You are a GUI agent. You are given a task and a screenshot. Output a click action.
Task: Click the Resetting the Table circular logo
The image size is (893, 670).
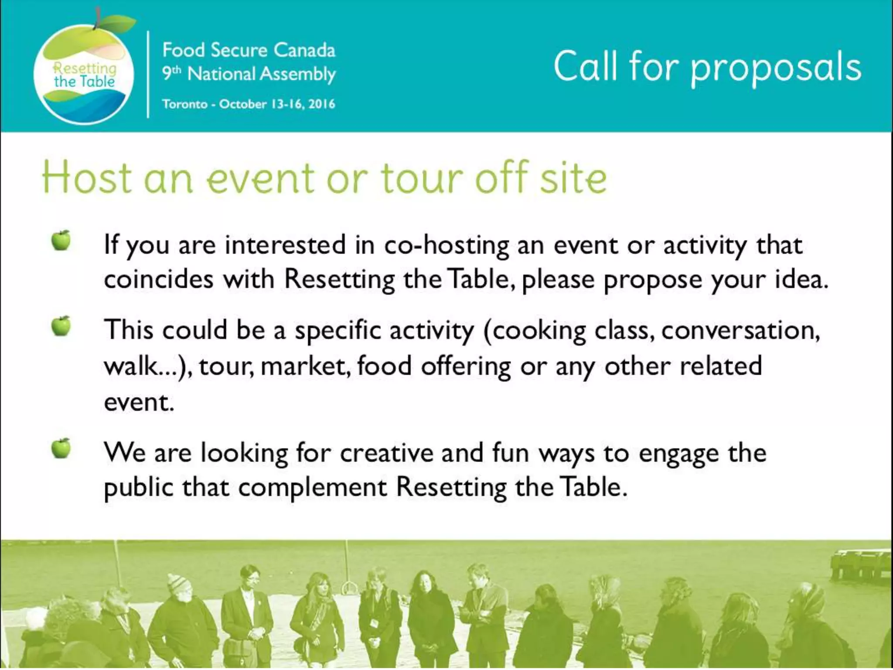coord(84,74)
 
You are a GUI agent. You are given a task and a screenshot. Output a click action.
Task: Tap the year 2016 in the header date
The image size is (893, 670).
coord(321,104)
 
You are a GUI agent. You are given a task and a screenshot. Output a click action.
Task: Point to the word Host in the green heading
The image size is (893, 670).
coord(86,178)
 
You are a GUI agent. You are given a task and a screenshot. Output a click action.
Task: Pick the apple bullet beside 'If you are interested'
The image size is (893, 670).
coord(61,240)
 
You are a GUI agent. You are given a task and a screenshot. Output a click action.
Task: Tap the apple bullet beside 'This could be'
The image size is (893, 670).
coord(61,326)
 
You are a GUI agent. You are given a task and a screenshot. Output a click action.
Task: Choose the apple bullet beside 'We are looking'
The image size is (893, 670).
coord(61,448)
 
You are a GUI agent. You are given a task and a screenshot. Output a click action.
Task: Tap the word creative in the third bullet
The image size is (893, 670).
coord(386,453)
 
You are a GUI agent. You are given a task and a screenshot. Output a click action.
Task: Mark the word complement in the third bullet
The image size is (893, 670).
coord(312,487)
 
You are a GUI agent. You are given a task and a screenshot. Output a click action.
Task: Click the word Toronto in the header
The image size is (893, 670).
coord(185,104)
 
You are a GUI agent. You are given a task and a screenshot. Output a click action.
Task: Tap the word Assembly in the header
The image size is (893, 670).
coord(298,74)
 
